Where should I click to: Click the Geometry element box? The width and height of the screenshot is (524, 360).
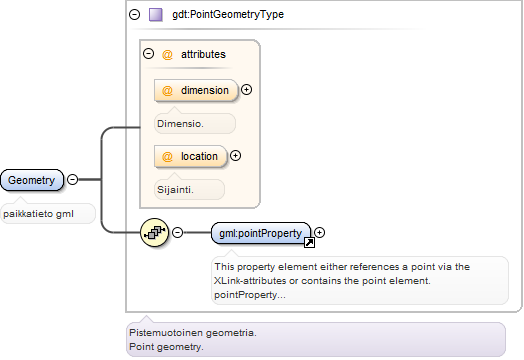pos(32,180)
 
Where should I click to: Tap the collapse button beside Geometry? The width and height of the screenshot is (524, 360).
pos(73,179)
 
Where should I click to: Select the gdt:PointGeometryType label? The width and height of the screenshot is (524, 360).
pos(228,14)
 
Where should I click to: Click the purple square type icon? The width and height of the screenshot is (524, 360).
pos(156,15)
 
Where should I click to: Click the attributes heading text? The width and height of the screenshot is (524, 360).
pos(203,54)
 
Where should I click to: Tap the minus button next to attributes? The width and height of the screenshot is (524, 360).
pos(148,53)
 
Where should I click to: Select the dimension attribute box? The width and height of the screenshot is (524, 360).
pos(196,90)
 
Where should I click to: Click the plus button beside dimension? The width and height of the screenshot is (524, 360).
pos(246,90)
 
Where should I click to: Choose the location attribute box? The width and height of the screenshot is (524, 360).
pos(190,156)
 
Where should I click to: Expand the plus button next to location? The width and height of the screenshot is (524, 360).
pos(236,155)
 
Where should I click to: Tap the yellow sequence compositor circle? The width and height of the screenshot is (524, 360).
pos(154,232)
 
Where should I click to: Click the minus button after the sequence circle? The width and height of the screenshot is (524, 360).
pos(177,232)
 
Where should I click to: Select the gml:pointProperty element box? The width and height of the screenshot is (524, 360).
pos(261,233)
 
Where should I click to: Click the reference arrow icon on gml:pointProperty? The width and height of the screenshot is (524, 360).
pos(309,243)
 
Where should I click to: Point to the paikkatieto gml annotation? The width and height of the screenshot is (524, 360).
pos(38,214)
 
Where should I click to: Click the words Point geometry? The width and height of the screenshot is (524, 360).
pos(166,347)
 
